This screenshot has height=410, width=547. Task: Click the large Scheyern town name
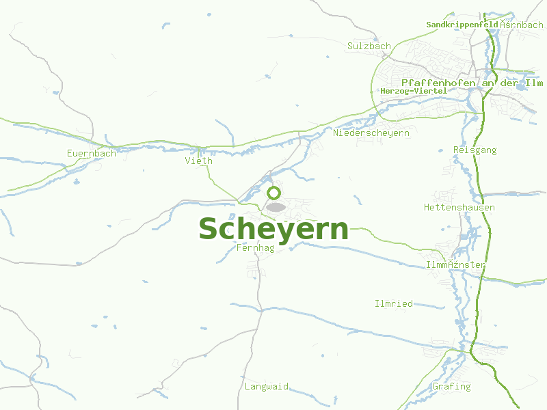(x=273, y=229)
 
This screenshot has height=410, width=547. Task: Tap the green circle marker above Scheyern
(x=273, y=193)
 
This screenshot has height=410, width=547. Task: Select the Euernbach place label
(x=92, y=154)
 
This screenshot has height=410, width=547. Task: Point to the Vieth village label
(x=199, y=161)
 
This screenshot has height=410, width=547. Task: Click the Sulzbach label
(x=369, y=46)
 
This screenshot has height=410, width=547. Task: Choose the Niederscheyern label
(x=371, y=133)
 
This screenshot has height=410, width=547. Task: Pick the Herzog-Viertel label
(x=414, y=91)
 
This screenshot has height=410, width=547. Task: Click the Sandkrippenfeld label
(x=462, y=25)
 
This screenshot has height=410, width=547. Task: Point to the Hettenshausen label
(x=459, y=208)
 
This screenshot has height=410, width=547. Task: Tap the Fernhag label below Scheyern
(x=255, y=248)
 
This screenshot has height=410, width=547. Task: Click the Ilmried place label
(x=394, y=303)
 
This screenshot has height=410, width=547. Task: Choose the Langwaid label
(x=267, y=387)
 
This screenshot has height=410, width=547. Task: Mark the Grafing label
(x=452, y=387)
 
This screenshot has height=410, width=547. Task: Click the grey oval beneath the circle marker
(x=276, y=207)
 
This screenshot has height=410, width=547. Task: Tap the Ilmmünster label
(x=455, y=265)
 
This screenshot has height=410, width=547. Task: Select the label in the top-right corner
(x=522, y=25)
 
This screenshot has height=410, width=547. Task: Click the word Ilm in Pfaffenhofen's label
(x=533, y=83)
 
